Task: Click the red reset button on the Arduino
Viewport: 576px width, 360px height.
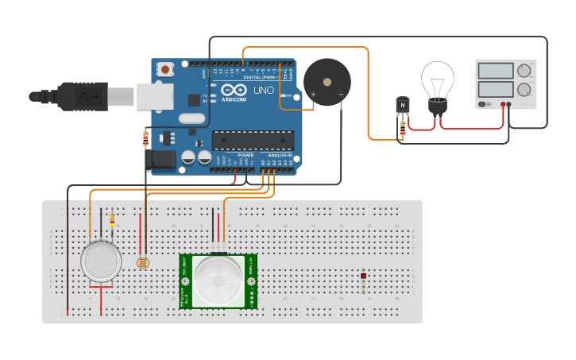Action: pos(165,69)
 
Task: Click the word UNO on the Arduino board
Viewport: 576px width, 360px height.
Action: pos(263,91)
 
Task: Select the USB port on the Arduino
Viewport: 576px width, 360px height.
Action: pos(154,96)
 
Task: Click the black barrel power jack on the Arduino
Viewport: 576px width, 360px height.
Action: pos(162,161)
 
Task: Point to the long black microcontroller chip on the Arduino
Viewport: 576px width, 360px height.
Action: pos(253,140)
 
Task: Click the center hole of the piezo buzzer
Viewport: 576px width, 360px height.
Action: pos(327,82)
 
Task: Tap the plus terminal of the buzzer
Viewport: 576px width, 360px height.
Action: pos(312,95)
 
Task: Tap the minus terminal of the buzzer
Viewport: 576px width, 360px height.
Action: pos(341,95)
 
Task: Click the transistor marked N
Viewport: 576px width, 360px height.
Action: pos(403,105)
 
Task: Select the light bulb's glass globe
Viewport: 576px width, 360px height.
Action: pos(437,78)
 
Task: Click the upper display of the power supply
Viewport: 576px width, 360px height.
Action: pos(496,71)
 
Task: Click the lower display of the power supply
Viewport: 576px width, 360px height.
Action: pos(496,91)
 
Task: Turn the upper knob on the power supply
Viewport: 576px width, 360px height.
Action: pos(524,71)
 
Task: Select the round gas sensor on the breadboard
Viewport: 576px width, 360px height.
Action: pos(101,261)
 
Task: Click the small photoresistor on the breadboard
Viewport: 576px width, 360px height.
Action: pos(143,261)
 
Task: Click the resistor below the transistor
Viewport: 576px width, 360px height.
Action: pos(403,129)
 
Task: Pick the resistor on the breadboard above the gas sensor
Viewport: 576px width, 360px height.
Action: pos(112,219)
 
